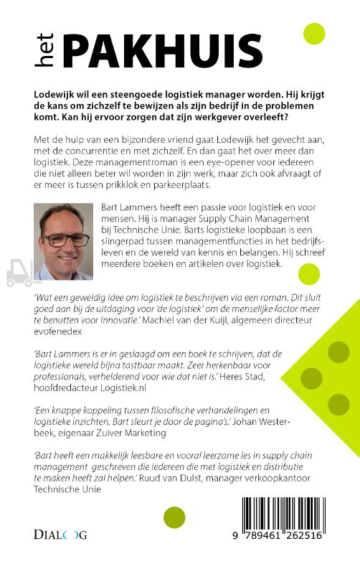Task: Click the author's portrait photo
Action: click(x=63, y=241)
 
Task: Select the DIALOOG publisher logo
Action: click(x=60, y=535)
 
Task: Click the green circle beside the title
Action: click(x=314, y=34)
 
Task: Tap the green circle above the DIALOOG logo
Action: click(x=174, y=517)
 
